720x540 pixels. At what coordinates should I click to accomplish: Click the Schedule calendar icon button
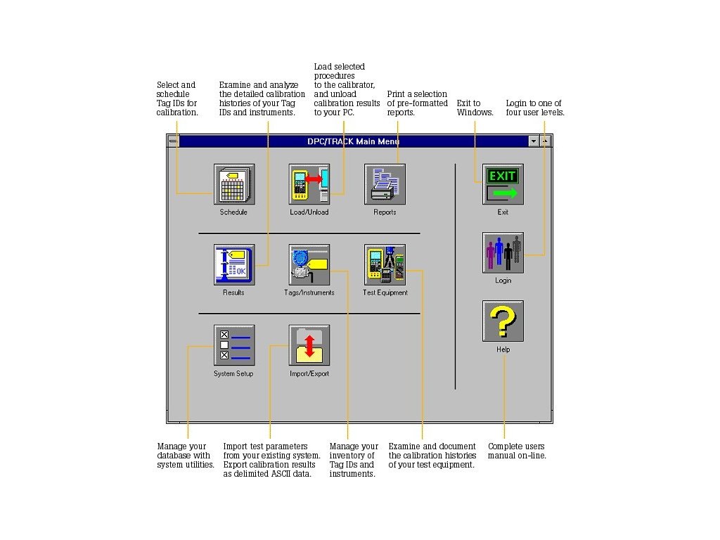234,184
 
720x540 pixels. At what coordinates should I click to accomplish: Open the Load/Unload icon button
309,184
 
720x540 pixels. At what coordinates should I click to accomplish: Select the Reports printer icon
385,184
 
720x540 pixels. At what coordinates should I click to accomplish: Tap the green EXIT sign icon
503,184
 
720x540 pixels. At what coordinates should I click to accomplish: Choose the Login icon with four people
503,252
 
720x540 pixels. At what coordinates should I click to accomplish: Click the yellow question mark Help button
503,321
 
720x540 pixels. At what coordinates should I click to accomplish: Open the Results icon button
234,264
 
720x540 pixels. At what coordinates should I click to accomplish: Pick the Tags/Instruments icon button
309,264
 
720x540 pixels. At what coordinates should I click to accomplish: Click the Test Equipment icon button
385,264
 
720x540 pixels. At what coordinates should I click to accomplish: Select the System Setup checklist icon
234,345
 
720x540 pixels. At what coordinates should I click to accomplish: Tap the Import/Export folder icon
309,345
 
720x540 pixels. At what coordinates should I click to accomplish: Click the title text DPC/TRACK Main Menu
354,141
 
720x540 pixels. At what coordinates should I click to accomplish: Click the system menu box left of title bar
173,141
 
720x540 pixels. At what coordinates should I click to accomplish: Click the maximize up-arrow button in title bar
545,141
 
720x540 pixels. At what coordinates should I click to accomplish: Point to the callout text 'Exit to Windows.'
475,108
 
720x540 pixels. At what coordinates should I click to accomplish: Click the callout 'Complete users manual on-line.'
517,451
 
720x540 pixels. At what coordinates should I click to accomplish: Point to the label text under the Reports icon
385,212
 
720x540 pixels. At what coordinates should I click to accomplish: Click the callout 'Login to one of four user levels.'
535,108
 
